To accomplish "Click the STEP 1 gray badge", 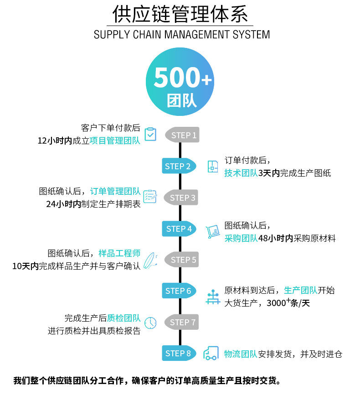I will coord(183,135).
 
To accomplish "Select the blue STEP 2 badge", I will coord(178,166).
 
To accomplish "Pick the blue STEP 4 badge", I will coord(179,229).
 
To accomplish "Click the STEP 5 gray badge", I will coord(183,260).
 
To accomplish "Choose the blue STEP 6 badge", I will coord(178,291).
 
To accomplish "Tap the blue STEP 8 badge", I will coord(178,353).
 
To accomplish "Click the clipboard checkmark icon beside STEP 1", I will coord(150,135).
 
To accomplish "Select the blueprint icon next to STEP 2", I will coord(212,167).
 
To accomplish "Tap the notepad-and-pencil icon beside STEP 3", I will coord(150,196).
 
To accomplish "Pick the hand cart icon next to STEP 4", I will coord(212,232).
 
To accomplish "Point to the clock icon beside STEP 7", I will coord(150,323).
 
